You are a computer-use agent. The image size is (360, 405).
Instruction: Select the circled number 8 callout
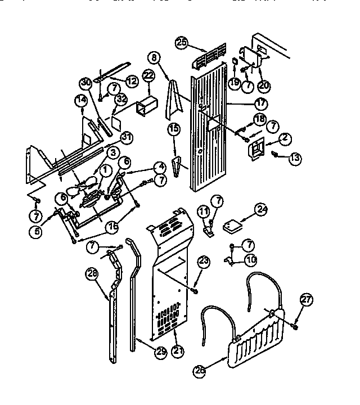point(155,57)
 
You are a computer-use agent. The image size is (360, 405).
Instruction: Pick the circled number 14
point(81,101)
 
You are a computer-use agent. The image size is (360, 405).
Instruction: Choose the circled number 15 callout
point(174,129)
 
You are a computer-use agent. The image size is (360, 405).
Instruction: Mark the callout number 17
point(260,103)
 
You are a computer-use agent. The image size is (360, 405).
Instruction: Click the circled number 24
point(261,209)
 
